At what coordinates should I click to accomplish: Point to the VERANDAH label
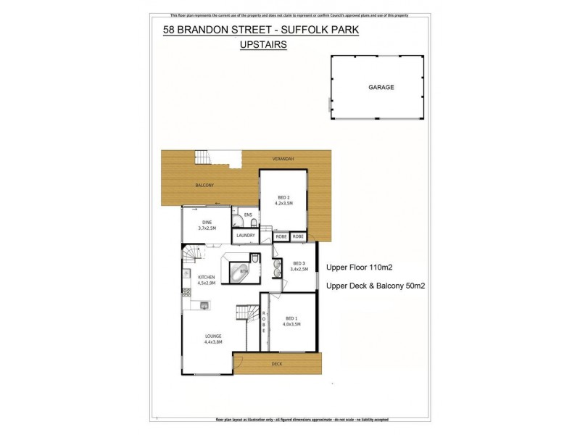[x=283, y=158]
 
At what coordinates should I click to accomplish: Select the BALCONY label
[x=204, y=186]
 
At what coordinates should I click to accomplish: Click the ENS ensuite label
[x=248, y=215]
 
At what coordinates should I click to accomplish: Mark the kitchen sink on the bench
[x=204, y=305]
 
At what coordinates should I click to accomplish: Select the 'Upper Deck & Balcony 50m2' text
[x=376, y=286]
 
